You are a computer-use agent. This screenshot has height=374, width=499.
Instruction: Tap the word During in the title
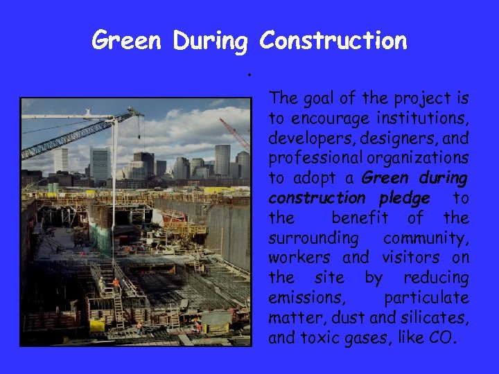pyautogui.click(x=210, y=41)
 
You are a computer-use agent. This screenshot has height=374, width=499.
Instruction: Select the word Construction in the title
pyautogui.click(x=333, y=41)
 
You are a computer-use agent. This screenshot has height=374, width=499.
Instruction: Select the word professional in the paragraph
pyautogui.click(x=310, y=157)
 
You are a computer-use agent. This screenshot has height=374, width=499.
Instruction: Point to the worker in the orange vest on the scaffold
pyautogui.click(x=116, y=283)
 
